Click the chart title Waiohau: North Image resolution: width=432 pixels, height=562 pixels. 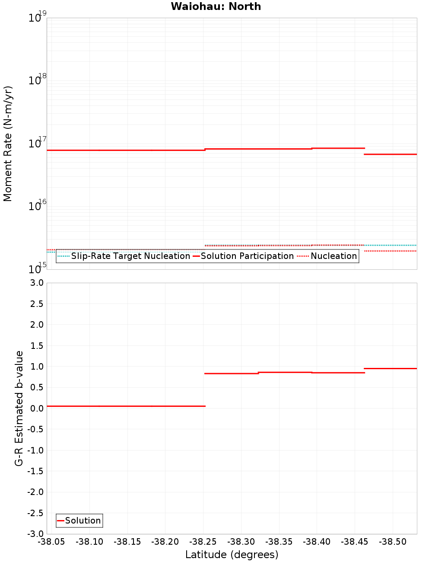[216, 6]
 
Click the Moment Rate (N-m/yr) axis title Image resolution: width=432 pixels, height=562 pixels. [8, 144]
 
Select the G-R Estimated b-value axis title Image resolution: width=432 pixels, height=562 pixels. [19, 408]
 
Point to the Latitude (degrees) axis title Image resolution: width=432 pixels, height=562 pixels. [232, 555]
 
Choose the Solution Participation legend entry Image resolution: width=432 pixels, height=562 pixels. [247, 256]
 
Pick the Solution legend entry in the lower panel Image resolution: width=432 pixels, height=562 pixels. [83, 520]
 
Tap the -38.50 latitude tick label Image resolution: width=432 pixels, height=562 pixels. [393, 542]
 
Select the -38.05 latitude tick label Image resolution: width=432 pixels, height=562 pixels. [51, 542]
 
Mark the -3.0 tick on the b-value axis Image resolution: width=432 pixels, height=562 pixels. [35, 534]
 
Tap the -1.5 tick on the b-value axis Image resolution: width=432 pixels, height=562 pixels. [35, 471]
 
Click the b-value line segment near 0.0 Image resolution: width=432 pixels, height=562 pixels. [125, 406]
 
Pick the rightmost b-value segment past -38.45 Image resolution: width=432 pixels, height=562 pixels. [391, 368]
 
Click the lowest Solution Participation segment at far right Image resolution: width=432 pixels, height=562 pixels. [391, 154]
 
